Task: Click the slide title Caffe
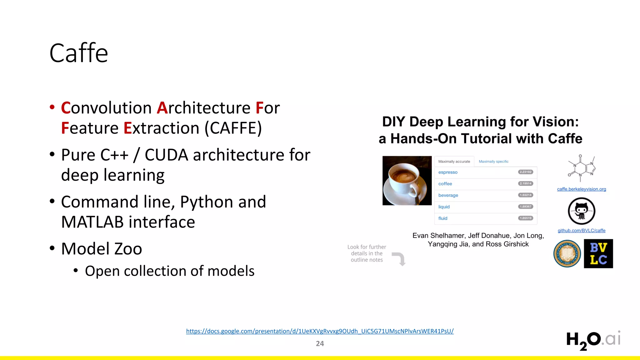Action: point(79,53)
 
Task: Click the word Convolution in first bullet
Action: point(107,108)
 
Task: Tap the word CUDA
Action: point(166,155)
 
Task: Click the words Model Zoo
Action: point(102,249)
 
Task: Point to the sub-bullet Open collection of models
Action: point(169,271)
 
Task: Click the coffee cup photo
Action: point(407,181)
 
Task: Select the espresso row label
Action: point(448,172)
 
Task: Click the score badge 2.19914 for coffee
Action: point(526,183)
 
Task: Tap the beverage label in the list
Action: point(448,195)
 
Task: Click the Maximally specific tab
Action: point(493,162)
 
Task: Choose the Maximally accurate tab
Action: point(454,162)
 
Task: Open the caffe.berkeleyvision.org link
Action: point(581,189)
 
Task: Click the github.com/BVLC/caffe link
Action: point(581,231)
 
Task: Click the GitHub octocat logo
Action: point(581,211)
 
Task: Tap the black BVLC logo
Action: point(598,254)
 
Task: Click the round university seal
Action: point(567,254)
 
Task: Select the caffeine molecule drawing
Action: point(582,168)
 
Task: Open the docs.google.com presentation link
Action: point(320,331)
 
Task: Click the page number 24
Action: point(320,344)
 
